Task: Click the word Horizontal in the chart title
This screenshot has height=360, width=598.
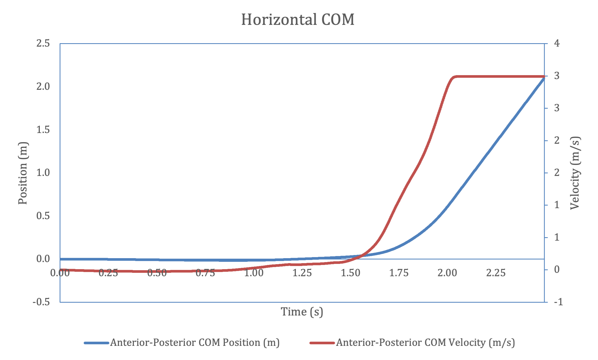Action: click(279, 20)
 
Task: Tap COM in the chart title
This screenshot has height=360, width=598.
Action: click(338, 20)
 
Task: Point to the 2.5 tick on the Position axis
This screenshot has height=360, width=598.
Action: click(43, 43)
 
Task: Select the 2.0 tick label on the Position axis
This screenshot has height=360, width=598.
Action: click(43, 86)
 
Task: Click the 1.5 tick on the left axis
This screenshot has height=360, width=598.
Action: click(43, 130)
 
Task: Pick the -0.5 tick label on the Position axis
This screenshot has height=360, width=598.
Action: click(41, 302)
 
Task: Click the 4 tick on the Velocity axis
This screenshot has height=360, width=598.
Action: click(557, 43)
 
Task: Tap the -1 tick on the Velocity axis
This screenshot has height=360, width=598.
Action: click(558, 302)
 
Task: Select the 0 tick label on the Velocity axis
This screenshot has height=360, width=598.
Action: click(557, 270)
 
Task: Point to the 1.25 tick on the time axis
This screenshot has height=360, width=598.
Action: click(302, 273)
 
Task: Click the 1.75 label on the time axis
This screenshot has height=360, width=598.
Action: click(399, 273)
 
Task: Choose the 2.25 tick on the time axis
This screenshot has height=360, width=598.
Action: click(496, 273)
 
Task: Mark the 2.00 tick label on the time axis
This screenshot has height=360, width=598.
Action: click(447, 273)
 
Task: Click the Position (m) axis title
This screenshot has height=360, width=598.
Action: click(23, 173)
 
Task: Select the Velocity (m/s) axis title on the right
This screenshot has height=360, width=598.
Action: click(575, 173)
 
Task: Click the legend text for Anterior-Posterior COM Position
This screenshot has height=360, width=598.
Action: click(195, 343)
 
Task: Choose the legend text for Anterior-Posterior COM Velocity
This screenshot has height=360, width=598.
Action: click(425, 343)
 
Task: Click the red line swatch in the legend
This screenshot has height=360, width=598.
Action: click(322, 343)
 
